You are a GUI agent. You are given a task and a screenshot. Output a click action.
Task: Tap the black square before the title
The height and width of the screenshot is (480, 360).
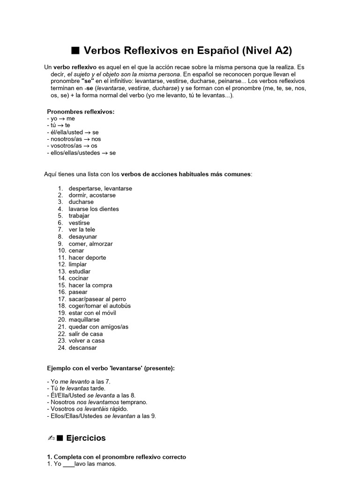pos(74,51)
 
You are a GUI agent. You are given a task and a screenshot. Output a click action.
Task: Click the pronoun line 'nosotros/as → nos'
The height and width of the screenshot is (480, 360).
pos(74,139)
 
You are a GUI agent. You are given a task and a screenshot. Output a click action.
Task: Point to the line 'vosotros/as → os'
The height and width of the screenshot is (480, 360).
pos(73,146)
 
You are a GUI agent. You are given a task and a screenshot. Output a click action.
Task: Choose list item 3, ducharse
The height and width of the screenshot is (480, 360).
pos(81,202)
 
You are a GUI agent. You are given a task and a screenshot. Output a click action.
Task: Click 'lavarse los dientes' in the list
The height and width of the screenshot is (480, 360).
pos(94,209)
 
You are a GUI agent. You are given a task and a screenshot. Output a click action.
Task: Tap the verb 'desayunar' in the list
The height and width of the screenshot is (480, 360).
pos(83,237)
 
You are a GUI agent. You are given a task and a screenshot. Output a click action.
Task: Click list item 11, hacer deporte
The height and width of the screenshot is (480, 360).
pos(87,257)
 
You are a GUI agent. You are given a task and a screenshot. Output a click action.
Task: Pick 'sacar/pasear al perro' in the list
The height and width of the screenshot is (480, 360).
pos(97,299)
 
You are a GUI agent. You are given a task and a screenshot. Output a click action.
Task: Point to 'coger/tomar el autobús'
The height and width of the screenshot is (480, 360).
pos(99,306)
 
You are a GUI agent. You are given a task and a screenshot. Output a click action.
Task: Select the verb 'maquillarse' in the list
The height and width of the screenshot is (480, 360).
pos(84,320)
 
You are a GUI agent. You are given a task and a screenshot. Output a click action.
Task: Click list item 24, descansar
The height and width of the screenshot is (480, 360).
pos(82,348)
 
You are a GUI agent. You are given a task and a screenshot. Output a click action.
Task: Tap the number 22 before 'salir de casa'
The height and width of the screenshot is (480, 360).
pos(61,334)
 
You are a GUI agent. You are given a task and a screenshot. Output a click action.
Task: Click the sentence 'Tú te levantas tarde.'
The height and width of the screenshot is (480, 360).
pos(76,389)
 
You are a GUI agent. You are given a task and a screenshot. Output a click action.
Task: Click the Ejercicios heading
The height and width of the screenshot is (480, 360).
pos(86,438)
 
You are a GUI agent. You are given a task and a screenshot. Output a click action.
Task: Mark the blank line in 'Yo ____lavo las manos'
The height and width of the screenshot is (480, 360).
pos(68,464)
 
